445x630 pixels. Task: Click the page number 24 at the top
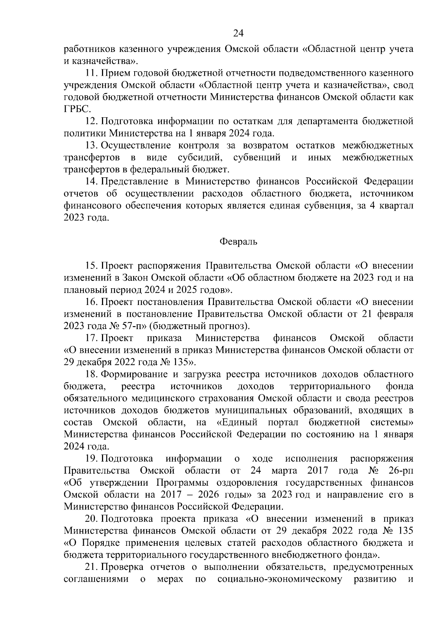coord(238,34)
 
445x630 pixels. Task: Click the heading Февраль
coord(238,242)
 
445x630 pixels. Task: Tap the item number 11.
coord(91,73)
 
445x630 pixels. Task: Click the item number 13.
coord(91,145)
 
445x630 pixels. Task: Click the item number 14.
coord(91,181)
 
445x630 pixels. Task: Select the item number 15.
coord(91,266)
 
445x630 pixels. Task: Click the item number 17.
coord(91,338)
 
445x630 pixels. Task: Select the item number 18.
coord(91,374)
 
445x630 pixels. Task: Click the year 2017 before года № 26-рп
coord(318,471)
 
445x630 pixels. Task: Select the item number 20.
coord(91,519)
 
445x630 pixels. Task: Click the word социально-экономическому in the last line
coord(280,579)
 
